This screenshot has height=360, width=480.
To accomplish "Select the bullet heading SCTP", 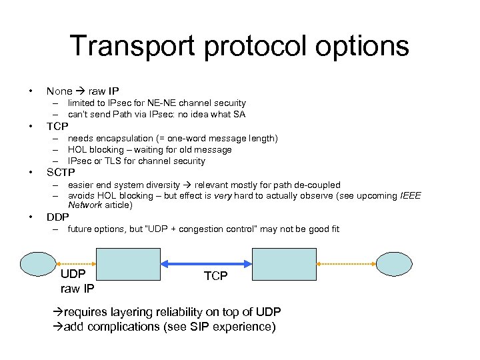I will pyautogui.click(x=61, y=173).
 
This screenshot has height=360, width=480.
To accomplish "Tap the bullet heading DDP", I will pyautogui.click(x=58, y=217).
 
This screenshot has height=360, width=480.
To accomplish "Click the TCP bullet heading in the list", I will pyautogui.click(x=57, y=126).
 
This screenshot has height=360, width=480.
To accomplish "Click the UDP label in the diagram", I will pyautogui.click(x=73, y=275).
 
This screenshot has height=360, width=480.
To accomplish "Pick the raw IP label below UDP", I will pyautogui.click(x=77, y=289).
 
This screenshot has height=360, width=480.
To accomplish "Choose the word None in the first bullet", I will pyautogui.click(x=59, y=91).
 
